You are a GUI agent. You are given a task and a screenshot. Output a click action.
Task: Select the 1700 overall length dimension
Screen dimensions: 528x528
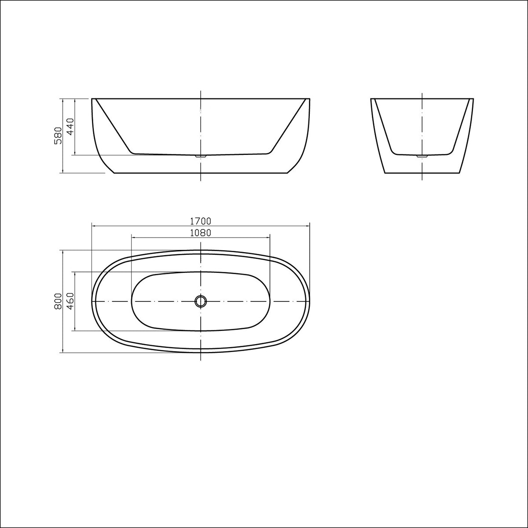[x=201, y=221]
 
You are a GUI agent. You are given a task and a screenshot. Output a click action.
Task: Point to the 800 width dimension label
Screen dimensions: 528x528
[x=57, y=301]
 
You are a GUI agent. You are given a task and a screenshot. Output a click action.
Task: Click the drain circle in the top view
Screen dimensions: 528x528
[x=201, y=301]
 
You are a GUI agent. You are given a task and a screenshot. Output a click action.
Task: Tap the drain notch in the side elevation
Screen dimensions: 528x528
[x=201, y=155]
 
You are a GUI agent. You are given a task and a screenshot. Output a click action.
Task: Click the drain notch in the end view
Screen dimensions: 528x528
[x=422, y=155]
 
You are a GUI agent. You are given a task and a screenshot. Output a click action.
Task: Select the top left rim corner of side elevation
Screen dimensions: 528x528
[x=92, y=99]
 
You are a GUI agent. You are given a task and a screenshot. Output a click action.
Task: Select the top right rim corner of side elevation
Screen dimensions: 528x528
[x=310, y=99]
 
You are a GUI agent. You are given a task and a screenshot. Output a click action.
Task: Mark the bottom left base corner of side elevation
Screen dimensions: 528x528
[x=114, y=173]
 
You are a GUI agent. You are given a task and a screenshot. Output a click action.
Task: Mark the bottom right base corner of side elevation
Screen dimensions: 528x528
[x=287, y=173]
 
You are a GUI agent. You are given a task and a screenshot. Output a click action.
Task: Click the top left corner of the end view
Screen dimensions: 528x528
[x=371, y=99]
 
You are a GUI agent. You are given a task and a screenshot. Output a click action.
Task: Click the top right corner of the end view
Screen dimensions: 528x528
[x=473, y=99]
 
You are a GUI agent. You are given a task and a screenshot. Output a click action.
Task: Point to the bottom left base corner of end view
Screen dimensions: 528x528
[x=385, y=173]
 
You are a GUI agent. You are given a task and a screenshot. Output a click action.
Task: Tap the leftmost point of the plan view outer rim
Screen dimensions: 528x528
[x=92, y=301]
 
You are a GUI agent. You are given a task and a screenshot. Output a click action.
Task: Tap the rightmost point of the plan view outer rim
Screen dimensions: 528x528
[x=310, y=301]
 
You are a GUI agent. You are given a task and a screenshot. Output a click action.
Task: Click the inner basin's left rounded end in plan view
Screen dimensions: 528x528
[x=132, y=301]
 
